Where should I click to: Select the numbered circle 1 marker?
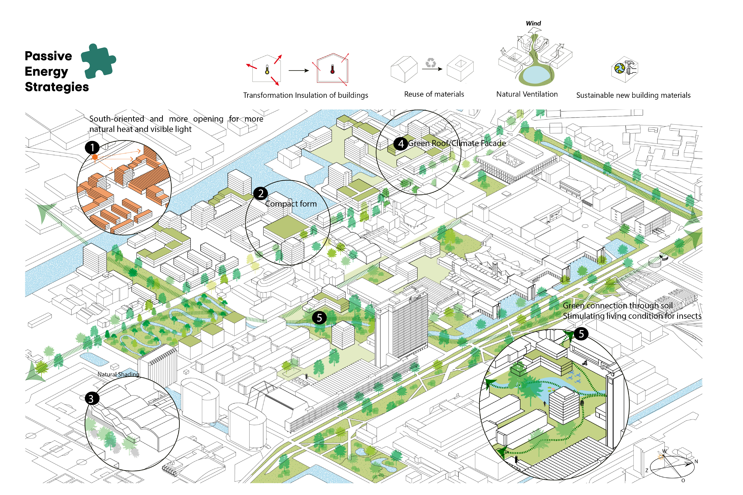(92, 147)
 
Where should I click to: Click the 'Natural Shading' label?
(118, 374)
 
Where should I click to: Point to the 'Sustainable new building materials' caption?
(633, 95)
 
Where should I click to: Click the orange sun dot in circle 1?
(95, 157)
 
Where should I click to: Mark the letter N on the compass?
(696, 462)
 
